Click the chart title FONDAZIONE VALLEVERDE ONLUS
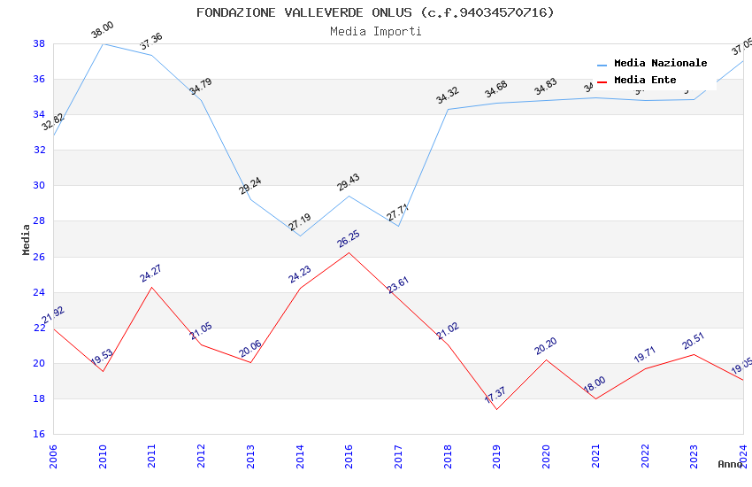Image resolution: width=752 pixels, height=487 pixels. [375, 12]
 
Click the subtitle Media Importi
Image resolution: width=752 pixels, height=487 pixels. [375, 32]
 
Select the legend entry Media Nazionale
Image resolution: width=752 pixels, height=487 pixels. [660, 64]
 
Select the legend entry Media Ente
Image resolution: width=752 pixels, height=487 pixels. [645, 81]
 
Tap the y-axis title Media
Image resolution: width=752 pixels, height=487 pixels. [27, 239]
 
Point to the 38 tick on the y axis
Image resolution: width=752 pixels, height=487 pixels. [40, 43]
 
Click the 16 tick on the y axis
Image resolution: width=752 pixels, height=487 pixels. [40, 434]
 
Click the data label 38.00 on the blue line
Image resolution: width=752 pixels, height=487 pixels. [103, 31]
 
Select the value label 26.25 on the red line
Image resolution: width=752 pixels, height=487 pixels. [349, 239]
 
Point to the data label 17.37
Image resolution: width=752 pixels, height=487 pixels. [495, 395]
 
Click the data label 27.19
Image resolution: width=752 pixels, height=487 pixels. [300, 222]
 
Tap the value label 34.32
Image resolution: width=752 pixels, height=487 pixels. [448, 96]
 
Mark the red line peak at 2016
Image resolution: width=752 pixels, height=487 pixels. [349, 252]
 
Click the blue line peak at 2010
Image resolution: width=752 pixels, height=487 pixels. [103, 43]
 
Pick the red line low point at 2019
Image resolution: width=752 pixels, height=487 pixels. [496, 409]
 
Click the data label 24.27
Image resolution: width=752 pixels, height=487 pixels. [151, 274]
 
